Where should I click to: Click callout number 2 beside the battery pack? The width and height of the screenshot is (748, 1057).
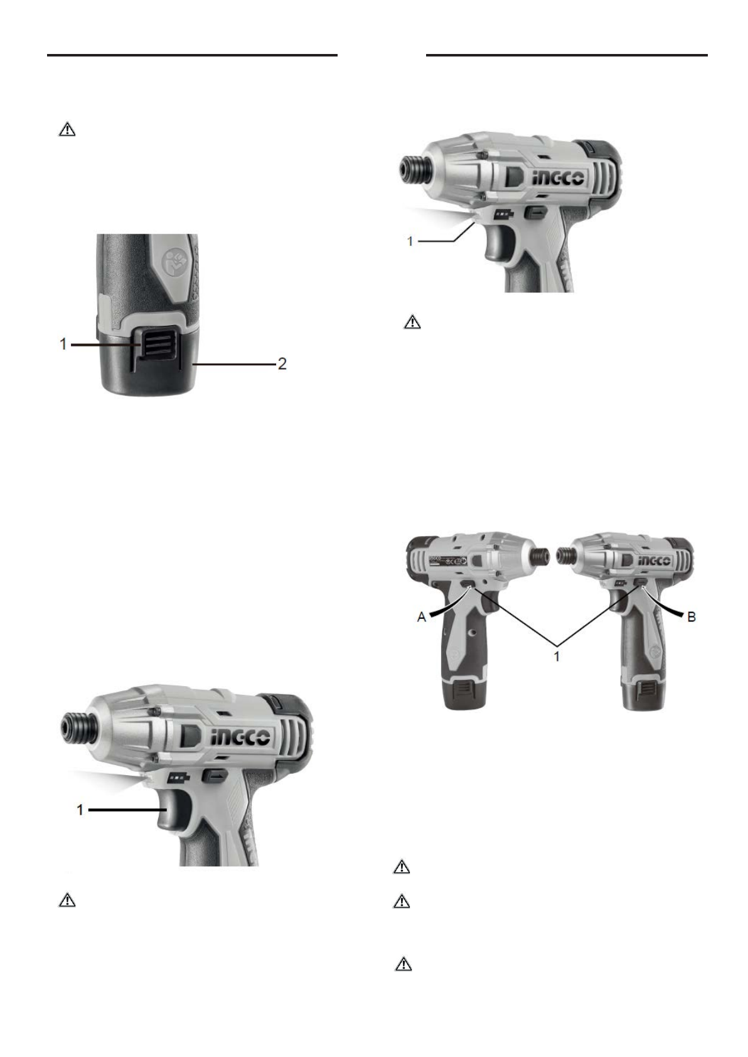[282, 364]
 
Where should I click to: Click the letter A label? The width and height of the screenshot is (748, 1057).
[422, 617]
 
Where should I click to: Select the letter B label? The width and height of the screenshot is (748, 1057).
[692, 617]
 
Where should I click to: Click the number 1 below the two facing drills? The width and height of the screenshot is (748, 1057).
[557, 656]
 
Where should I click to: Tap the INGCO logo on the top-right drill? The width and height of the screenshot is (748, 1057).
[558, 178]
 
